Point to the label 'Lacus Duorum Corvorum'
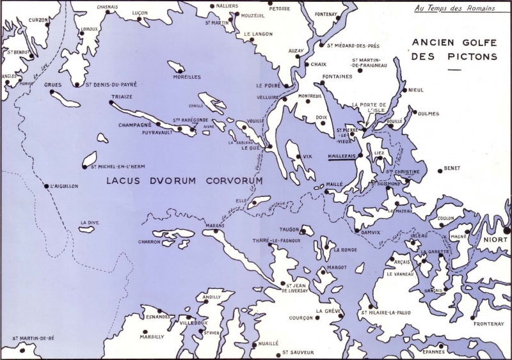185,181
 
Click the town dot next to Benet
439,169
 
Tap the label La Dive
88,223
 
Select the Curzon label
39,20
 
